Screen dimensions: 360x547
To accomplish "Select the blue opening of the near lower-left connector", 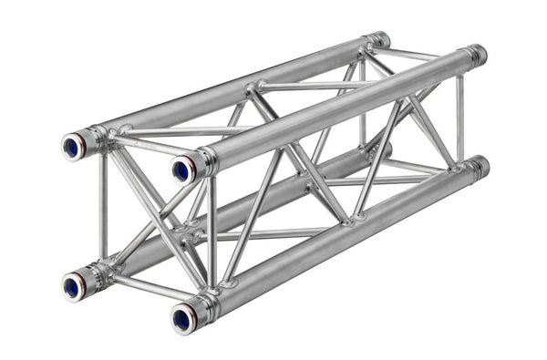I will pos(71,287).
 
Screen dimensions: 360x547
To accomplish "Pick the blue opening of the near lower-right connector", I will pos(181,318).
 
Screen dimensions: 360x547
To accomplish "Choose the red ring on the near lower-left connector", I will pos(88,279).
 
